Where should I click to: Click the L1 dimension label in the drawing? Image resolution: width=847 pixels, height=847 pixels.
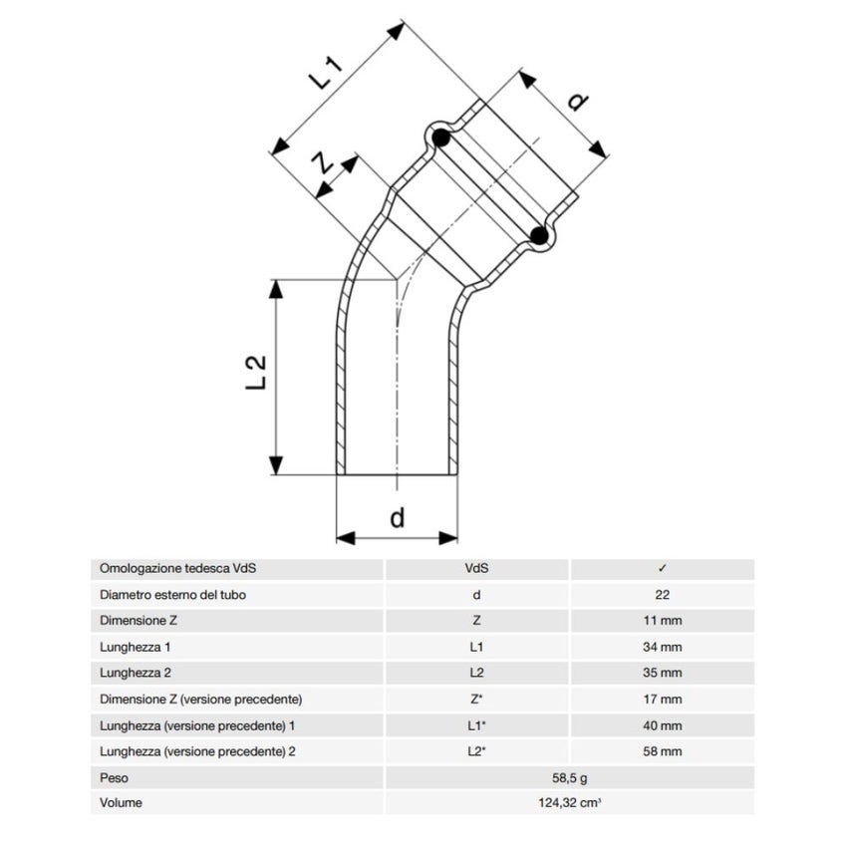point(328,75)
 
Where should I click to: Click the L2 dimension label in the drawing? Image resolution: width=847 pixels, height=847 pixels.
point(258,371)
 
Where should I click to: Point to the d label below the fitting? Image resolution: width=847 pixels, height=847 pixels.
point(397,517)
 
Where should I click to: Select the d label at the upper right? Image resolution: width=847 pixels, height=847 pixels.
point(575,101)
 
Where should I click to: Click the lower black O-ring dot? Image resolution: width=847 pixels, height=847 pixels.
point(539,236)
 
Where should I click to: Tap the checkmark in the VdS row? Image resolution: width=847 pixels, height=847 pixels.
point(663,569)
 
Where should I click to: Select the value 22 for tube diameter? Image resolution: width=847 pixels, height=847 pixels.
point(663,595)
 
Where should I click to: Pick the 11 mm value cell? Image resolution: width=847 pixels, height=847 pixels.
point(663,621)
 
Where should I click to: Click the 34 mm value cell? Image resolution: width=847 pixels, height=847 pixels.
point(663,647)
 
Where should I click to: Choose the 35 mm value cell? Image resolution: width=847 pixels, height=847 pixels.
point(663,673)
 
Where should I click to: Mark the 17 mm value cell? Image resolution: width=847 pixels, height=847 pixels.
point(663,699)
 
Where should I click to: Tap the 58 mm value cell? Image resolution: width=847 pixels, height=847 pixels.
point(663,750)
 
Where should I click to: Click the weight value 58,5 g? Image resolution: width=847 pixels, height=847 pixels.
point(569,776)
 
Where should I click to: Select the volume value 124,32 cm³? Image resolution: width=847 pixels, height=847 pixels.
point(569,802)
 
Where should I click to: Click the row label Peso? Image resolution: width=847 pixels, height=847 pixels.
point(115,776)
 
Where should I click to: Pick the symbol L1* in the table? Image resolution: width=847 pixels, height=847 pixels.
point(476,724)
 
